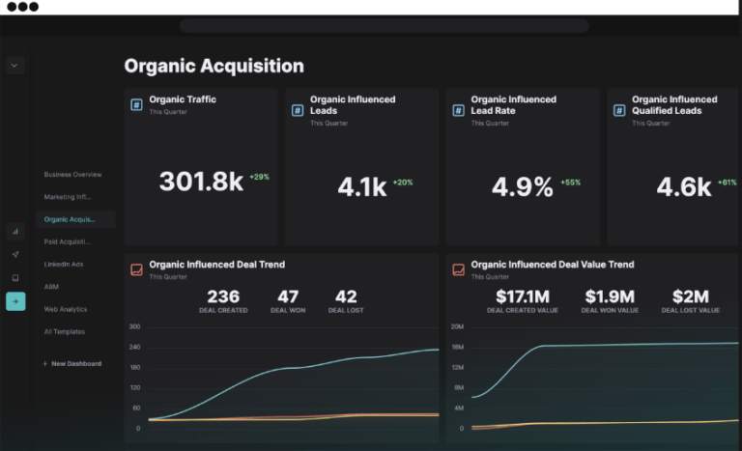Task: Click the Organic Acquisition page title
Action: (214, 67)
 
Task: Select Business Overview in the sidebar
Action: (72, 175)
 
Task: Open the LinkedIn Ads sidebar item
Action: (64, 265)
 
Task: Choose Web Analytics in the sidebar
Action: (66, 310)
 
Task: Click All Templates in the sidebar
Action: (65, 332)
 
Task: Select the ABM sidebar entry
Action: (51, 287)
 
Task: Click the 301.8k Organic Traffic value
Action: (201, 182)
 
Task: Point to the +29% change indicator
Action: (259, 178)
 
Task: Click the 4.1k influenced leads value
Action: (362, 186)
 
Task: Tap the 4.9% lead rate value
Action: (522, 186)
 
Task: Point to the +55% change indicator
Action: (570, 183)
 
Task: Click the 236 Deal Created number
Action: (223, 296)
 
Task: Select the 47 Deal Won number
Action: (288, 296)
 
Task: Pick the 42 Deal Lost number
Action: (346, 296)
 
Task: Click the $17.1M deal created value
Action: (522, 296)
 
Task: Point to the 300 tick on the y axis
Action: (134, 326)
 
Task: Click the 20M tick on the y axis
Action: (457, 326)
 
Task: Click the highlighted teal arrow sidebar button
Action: (15, 301)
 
